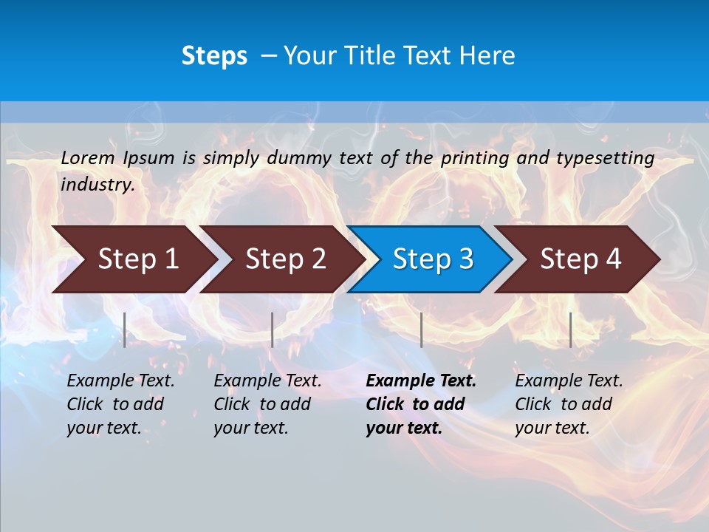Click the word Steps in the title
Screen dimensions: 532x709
(x=214, y=56)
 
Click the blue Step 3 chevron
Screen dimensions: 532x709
(x=433, y=259)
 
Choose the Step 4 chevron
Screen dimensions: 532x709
(x=580, y=259)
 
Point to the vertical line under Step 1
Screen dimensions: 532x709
(x=125, y=330)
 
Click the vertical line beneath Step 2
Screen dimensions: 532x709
(x=273, y=330)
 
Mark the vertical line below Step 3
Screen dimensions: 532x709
(x=421, y=330)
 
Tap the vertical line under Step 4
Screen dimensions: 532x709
(x=570, y=330)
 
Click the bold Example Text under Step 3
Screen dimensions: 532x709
(x=421, y=381)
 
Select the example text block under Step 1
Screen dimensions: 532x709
(x=120, y=404)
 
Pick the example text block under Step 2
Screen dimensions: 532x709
(x=267, y=404)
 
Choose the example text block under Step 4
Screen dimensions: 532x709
(x=569, y=404)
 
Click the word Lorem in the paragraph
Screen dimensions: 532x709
(x=88, y=158)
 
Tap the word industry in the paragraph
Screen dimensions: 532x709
(x=97, y=185)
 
